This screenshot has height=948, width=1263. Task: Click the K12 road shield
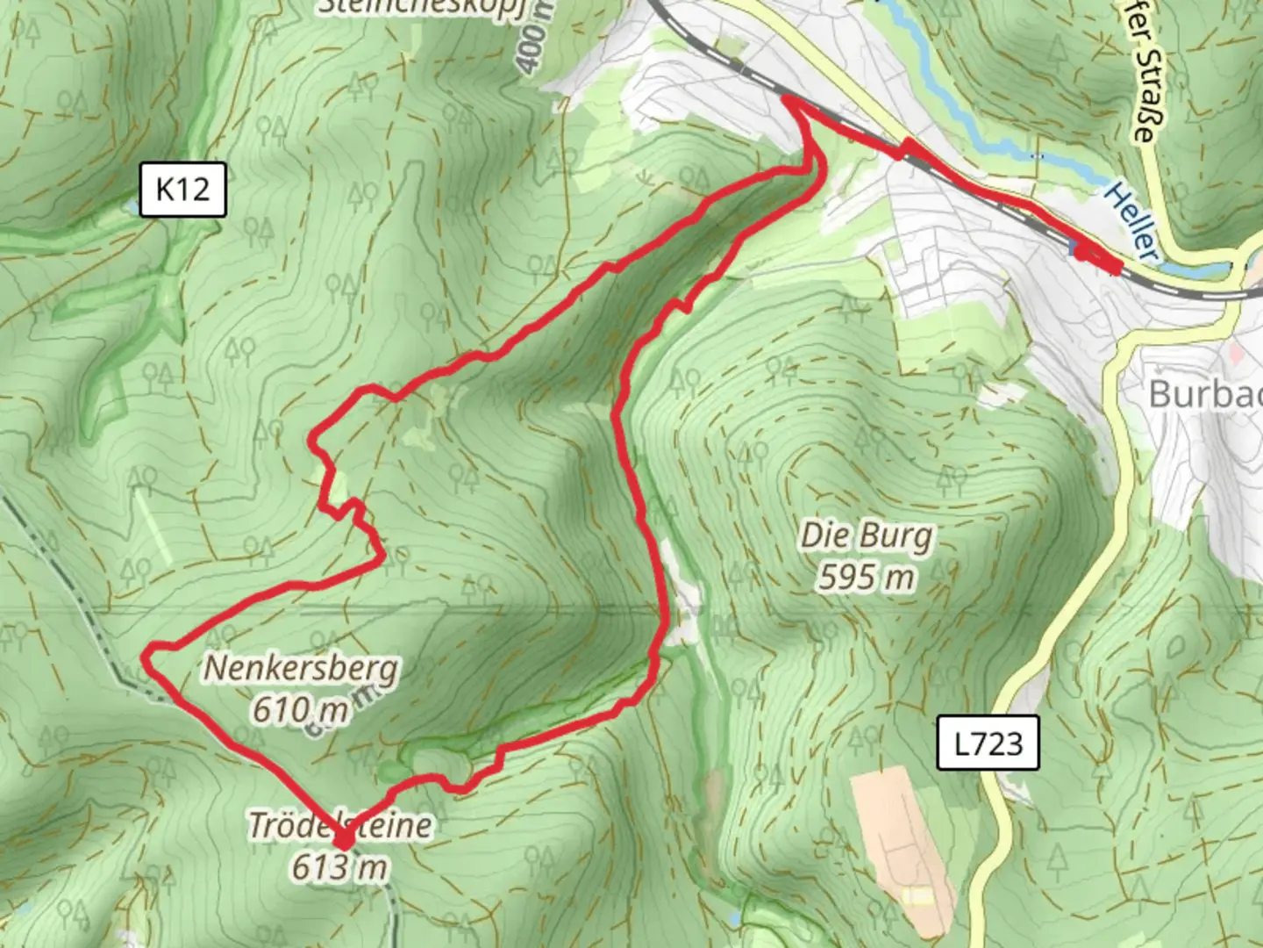click(182, 189)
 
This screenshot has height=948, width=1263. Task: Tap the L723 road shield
click(988, 743)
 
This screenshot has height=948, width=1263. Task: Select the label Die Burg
click(867, 536)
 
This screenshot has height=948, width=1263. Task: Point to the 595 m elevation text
click(867, 577)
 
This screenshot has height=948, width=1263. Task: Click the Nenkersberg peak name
click(301, 669)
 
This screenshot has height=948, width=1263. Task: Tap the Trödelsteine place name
click(340, 825)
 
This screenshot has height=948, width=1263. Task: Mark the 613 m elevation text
click(339, 867)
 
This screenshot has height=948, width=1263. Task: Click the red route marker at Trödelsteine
click(343, 841)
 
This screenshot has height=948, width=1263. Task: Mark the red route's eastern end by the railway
click(1116, 267)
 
